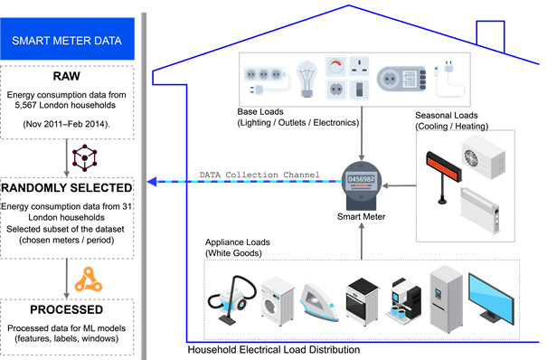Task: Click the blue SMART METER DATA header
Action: (67, 39)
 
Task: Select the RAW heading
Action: (67, 76)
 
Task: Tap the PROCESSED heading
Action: (67, 309)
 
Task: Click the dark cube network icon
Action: (84, 157)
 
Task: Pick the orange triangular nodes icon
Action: (89, 279)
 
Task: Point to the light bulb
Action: (307, 80)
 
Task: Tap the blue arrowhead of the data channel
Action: (152, 182)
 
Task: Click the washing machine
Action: (278, 301)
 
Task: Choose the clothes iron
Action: (318, 302)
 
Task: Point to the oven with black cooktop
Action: (363, 301)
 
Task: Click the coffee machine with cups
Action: (404, 299)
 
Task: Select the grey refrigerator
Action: (446, 299)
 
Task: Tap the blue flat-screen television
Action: (491, 299)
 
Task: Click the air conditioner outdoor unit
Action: (484, 157)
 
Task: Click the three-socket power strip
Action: (267, 80)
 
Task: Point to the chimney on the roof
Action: (490, 35)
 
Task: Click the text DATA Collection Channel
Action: (259, 175)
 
